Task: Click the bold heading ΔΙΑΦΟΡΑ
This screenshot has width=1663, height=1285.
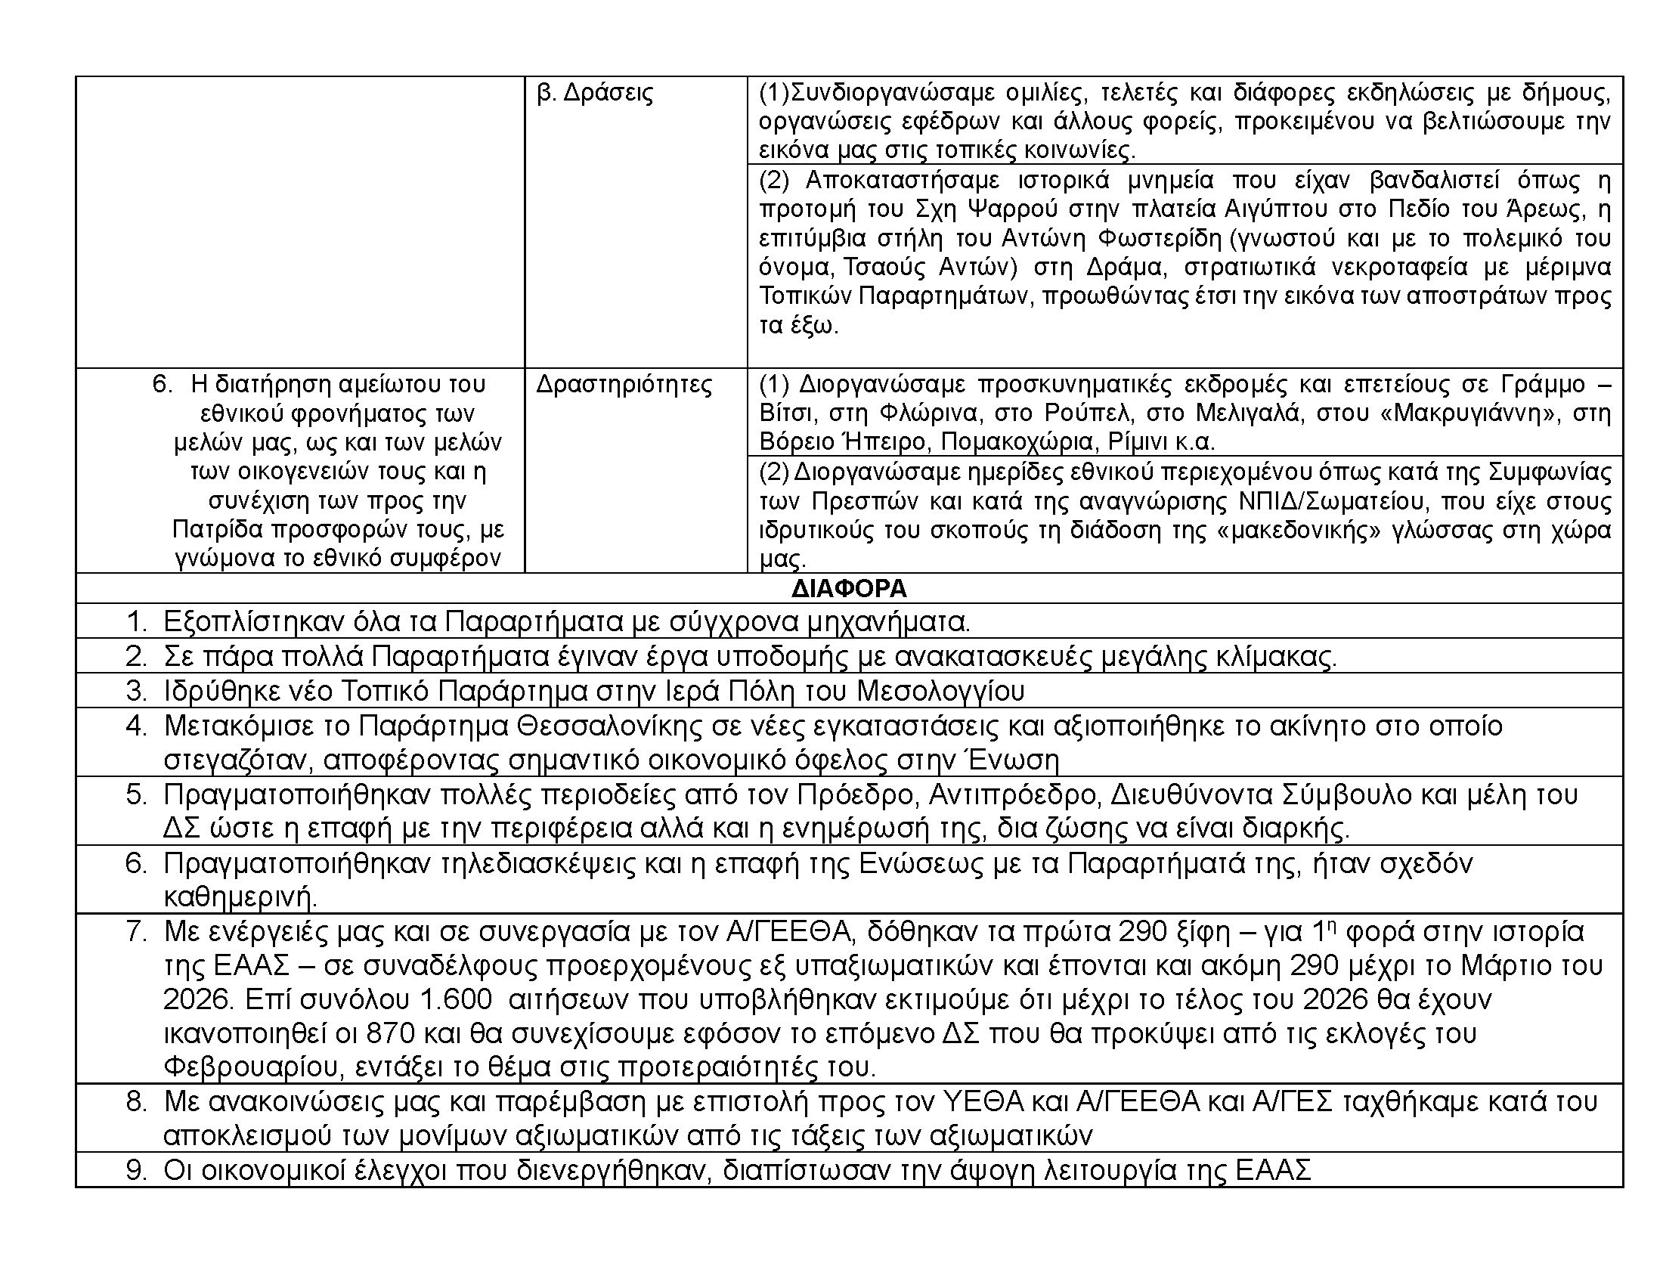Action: tap(849, 588)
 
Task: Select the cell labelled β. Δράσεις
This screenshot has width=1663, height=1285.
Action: tap(595, 94)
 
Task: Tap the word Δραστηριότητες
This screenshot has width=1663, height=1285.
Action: tap(624, 385)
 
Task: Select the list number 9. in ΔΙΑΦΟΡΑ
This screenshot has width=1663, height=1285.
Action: tap(135, 1170)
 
